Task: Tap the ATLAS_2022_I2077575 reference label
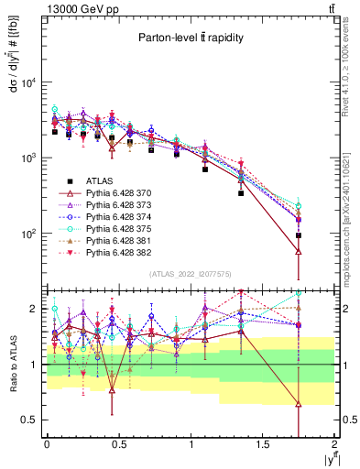[190, 273]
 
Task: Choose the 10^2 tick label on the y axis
[28, 234]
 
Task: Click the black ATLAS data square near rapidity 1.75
[299, 235]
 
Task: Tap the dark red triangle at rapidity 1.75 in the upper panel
[299, 252]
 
